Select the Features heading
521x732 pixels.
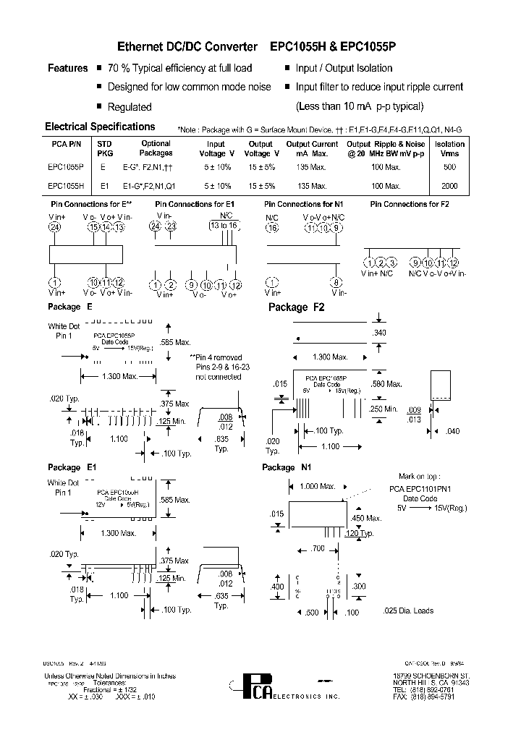[x=67, y=68]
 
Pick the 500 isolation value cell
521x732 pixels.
[x=449, y=167]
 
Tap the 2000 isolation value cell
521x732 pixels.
[x=449, y=186]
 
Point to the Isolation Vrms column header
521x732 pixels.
[x=450, y=148]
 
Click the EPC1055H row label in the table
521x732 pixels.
[x=66, y=186]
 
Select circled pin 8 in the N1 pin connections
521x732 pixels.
[x=336, y=282]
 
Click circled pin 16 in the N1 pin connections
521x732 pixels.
[x=272, y=228]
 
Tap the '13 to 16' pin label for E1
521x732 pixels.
[x=224, y=226]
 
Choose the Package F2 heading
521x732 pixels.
[x=297, y=307]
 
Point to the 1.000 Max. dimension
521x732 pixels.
[x=318, y=486]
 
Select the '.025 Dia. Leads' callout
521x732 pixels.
[x=407, y=610]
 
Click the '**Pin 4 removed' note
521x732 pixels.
[x=216, y=357]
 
